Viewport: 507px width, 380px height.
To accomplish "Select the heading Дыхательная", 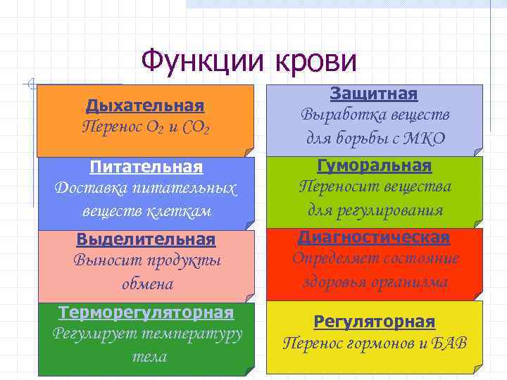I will [x=145, y=106].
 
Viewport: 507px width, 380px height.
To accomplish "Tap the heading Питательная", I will [x=146, y=167].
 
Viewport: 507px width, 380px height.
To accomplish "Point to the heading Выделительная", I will [x=146, y=239].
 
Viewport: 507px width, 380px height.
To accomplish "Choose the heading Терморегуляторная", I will [x=146, y=312].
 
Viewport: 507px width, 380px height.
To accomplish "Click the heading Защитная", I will [x=374, y=94].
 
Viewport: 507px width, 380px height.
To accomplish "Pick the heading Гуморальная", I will [x=374, y=166].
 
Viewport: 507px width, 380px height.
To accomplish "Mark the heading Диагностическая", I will [x=374, y=236].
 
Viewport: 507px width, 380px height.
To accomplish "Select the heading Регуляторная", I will [x=374, y=322].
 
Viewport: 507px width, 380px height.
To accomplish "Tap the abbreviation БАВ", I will [x=447, y=343].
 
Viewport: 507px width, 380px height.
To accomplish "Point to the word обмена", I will [x=146, y=284].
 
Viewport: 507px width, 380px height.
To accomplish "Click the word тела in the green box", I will [x=149, y=356].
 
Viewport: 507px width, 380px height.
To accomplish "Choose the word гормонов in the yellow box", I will [x=386, y=343].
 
